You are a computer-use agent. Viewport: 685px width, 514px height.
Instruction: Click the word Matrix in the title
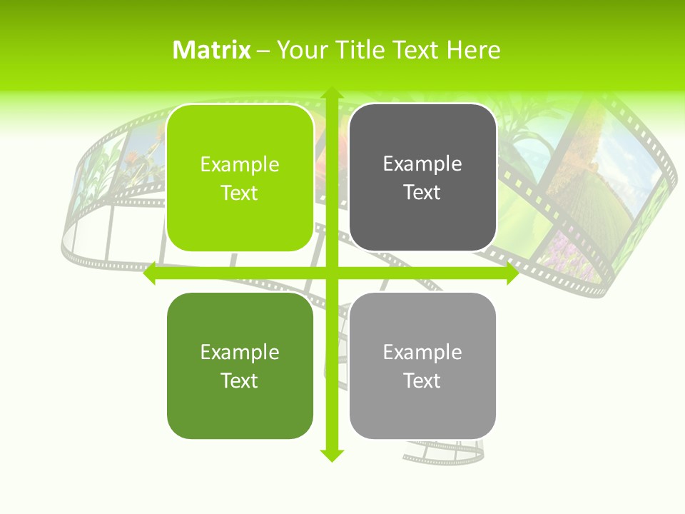click(x=212, y=50)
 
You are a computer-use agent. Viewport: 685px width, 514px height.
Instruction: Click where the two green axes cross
click(x=331, y=273)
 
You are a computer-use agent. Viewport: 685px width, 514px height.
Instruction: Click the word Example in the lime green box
click(x=240, y=165)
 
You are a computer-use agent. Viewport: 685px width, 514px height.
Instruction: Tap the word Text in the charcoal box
click(x=422, y=193)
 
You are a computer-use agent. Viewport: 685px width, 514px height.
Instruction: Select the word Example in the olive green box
click(x=240, y=353)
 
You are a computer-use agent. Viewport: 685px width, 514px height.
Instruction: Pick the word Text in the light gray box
click(x=422, y=381)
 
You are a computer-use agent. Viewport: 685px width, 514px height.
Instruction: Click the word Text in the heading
click(x=416, y=50)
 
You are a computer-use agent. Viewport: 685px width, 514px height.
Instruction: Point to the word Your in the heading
click(x=300, y=50)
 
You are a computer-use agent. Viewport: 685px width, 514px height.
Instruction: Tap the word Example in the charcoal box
click(x=422, y=164)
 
